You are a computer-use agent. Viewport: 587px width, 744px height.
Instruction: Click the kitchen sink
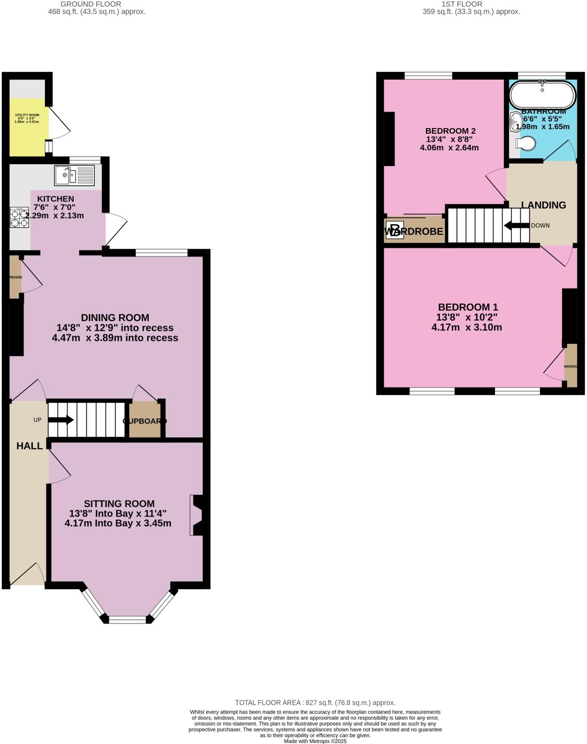click(74, 175)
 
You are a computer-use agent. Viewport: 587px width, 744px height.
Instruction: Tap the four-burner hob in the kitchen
click(19, 217)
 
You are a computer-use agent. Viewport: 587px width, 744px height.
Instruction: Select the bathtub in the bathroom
click(542, 95)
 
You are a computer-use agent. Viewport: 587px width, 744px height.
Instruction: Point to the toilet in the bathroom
click(525, 144)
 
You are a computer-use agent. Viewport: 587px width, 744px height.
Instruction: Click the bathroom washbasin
click(514, 122)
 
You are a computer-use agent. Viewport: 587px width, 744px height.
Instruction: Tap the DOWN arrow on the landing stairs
click(517, 226)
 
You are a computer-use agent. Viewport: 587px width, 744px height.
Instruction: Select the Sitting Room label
click(119, 504)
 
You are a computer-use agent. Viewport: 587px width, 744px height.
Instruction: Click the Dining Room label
click(115, 318)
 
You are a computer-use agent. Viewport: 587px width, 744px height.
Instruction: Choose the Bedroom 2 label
click(447, 131)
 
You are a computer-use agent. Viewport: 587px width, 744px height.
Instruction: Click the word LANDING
click(544, 205)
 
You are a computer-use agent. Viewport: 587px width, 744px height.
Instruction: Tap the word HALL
click(30, 446)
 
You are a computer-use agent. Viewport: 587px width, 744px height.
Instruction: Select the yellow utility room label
click(27, 115)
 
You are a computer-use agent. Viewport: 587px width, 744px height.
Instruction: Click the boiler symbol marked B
click(394, 230)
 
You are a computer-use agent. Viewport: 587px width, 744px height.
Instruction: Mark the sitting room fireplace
click(197, 515)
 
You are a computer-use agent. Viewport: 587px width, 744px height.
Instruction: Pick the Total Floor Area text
click(315, 703)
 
